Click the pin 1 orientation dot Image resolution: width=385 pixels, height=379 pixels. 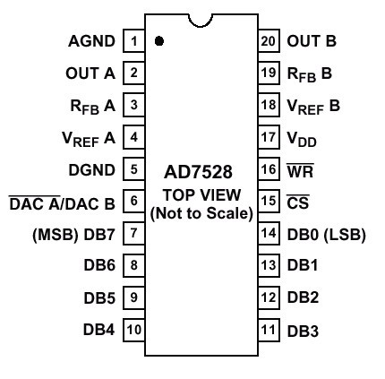coord(159,41)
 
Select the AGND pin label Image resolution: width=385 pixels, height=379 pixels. coord(91,41)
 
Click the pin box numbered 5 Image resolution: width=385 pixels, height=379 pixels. coord(134,169)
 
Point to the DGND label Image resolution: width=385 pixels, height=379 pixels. coord(92,170)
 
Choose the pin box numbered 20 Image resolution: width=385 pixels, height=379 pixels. coord(269,40)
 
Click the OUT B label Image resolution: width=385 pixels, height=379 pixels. coord(312,41)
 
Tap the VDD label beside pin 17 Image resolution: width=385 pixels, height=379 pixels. coord(302,139)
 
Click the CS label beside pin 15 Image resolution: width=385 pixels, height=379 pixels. coord(298,202)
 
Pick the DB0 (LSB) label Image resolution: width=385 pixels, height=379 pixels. coord(326,235)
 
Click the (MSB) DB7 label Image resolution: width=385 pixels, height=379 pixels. coord(73,235)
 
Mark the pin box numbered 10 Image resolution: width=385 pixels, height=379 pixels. coord(134,330)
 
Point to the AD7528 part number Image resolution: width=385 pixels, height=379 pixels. coord(198,172)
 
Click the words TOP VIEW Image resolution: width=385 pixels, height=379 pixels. coord(201,195)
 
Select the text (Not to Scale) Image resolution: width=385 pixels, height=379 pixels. coord(201,213)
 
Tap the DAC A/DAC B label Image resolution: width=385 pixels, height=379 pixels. coord(62,202)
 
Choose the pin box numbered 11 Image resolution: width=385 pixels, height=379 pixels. coord(269,330)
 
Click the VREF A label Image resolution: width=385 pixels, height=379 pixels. coord(89,139)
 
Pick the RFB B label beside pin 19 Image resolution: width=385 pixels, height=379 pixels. coord(309,74)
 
